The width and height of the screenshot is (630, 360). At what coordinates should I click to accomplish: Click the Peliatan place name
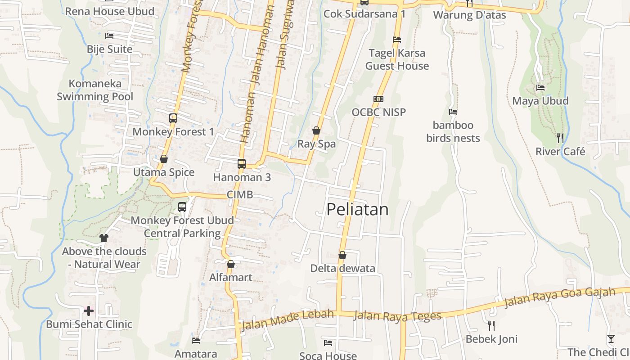357,209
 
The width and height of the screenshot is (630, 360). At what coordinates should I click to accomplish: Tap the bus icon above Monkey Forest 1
173,118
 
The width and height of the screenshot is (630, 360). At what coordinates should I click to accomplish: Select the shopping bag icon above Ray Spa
316,130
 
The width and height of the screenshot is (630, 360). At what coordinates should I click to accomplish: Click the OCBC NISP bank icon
378,99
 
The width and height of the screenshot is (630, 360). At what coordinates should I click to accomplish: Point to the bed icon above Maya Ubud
540,88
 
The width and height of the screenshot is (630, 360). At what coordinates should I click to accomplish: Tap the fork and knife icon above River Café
560,138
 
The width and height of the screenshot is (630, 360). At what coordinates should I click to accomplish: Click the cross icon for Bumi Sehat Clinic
89,310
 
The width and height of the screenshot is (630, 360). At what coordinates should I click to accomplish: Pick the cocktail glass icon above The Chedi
611,339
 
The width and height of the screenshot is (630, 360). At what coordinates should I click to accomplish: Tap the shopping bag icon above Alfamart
231,264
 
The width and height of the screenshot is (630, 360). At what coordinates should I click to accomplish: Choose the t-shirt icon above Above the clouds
104,238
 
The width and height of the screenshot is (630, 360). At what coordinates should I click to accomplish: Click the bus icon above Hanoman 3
242,163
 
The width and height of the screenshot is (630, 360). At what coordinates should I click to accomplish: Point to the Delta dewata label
342,268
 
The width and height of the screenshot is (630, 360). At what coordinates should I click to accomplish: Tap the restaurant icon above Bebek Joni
491,325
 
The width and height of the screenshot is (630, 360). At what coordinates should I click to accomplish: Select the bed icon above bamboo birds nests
453,112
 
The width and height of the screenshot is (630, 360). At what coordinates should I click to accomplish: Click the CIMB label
240,195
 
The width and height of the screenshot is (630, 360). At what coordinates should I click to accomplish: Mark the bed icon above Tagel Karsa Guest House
396,40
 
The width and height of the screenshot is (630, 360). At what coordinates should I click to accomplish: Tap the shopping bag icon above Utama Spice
164,159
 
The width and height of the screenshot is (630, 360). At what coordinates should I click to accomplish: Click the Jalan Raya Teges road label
397,316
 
